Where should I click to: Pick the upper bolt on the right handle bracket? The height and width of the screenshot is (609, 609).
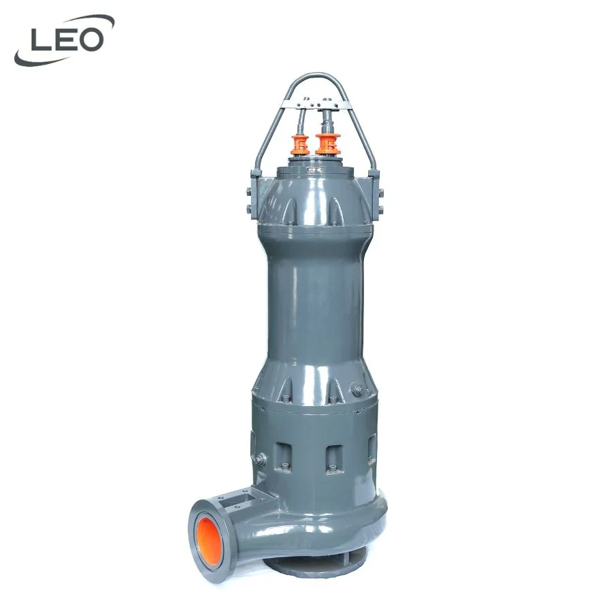point(380,191)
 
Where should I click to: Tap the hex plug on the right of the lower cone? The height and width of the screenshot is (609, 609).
point(355,389)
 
